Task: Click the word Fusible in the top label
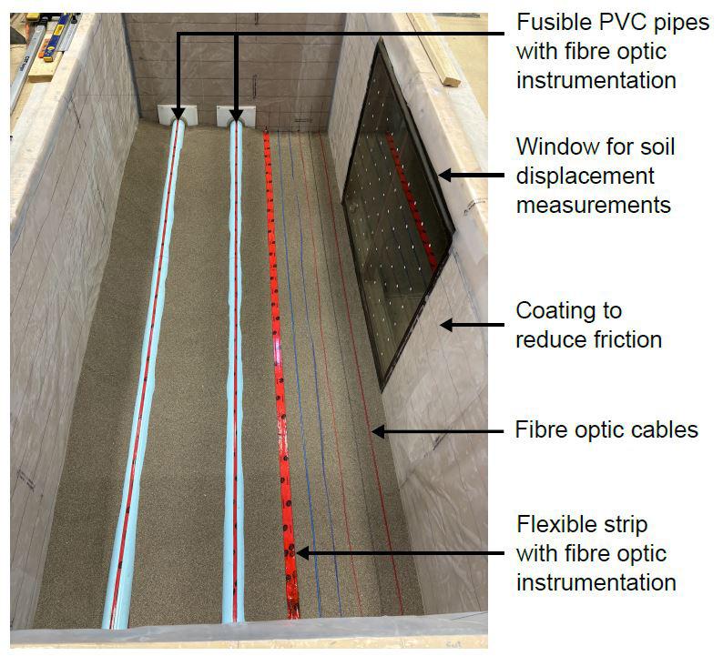tap(549, 23)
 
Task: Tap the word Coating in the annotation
tap(555, 311)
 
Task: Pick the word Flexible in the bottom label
tap(556, 525)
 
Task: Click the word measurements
tap(593, 205)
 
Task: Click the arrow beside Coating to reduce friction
tap(474, 324)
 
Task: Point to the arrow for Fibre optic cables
tap(437, 430)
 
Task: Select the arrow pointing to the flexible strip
tap(400, 551)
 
